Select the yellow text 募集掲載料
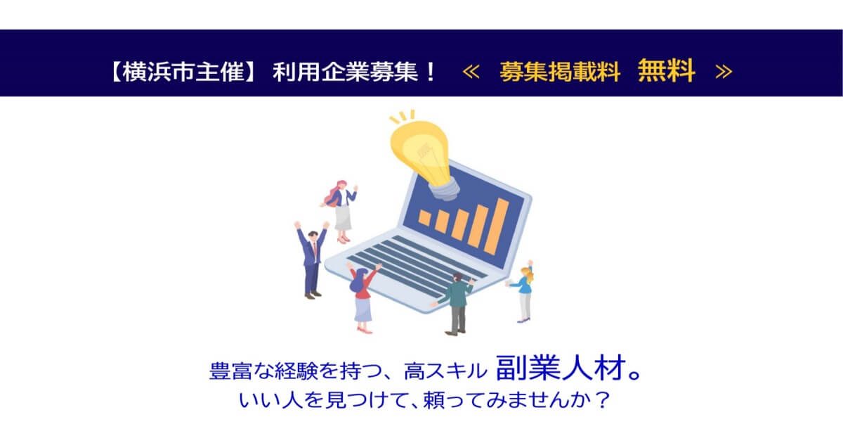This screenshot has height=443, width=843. pos(560,71)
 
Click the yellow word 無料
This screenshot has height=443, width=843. pos(666,70)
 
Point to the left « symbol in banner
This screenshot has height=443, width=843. pos(471,71)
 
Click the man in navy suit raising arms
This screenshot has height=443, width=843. pos(311,257)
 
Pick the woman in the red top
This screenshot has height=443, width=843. pos(362,295)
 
